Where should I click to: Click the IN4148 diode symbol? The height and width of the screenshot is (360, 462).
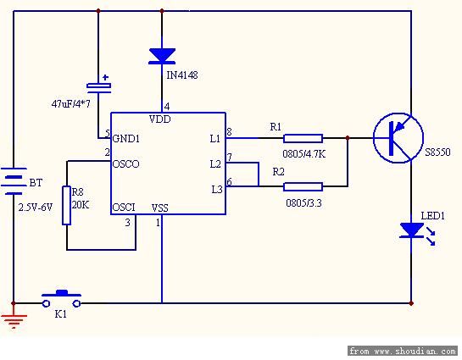point(162,56)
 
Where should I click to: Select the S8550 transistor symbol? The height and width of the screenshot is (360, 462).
point(398,138)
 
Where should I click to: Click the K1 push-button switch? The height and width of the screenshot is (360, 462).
point(61,299)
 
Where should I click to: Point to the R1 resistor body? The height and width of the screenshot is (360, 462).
point(303,138)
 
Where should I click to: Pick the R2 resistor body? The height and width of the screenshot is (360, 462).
point(303,186)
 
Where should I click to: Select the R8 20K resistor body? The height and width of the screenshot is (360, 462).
point(67,205)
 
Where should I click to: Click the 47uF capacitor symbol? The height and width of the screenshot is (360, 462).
point(98,87)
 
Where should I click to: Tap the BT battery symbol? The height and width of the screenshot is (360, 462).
point(14,181)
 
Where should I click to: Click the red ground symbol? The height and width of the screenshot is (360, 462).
point(14,321)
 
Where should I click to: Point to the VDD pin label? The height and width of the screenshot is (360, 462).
point(159,119)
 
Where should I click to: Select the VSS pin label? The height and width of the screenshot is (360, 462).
point(159,208)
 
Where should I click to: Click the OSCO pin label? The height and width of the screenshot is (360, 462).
point(125,164)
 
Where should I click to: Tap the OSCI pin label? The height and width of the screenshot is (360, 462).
point(124,208)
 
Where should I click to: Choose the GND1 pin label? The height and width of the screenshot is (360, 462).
point(126,138)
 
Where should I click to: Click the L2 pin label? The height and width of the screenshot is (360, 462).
point(215,164)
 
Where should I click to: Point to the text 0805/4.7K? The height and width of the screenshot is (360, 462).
point(304,153)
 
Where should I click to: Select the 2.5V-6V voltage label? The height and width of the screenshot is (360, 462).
point(36,208)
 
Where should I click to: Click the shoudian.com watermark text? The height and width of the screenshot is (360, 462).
point(403,352)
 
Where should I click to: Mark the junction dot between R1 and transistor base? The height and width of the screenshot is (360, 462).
point(348,138)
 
